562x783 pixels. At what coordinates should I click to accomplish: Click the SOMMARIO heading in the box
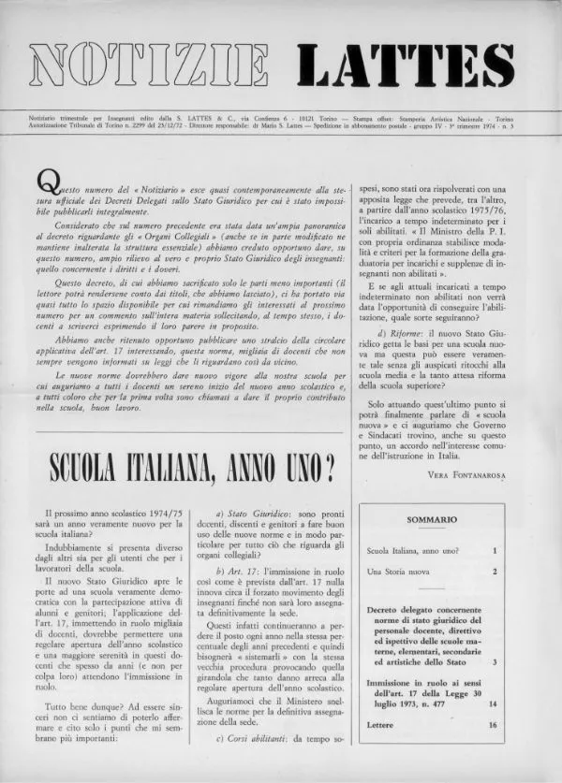click(433, 518)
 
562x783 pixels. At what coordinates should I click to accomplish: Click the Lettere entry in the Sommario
click(381, 725)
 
